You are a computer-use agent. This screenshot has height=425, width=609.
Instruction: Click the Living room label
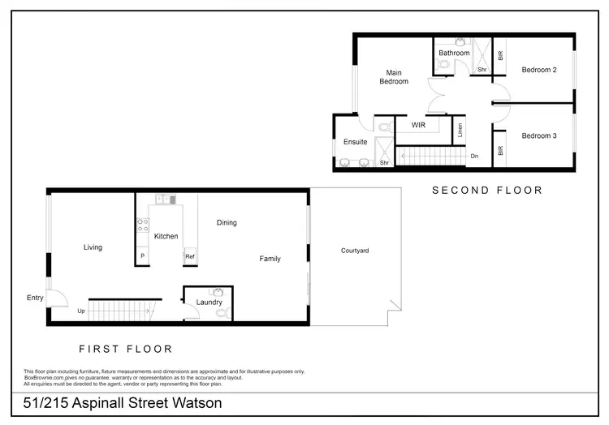pos(93,247)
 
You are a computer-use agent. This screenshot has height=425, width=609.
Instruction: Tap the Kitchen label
pos(166,236)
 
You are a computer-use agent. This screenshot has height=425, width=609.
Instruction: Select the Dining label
pos(227,223)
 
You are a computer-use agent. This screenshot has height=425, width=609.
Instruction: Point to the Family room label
pos(270,259)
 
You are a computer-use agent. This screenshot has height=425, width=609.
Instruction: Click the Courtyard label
pos(355,251)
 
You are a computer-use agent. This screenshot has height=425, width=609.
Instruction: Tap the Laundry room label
pos(209,303)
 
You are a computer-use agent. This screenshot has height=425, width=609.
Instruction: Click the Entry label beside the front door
pos(35,298)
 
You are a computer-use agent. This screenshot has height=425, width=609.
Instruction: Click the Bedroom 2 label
pos(538,70)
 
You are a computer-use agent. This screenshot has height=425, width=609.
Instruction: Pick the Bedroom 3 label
pos(538,135)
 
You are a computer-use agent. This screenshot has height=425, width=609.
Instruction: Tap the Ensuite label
pos(355,142)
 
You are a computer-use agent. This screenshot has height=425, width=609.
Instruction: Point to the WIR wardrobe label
pos(418,126)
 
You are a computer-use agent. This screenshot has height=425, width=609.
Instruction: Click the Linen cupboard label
pos(460,130)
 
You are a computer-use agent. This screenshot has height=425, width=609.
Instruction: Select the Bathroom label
pos(454,54)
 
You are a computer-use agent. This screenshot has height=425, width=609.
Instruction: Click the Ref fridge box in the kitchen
pos(189,257)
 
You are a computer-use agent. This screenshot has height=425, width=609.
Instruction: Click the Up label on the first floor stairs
pos(81,311)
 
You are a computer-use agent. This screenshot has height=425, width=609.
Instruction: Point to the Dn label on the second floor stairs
pos(474,156)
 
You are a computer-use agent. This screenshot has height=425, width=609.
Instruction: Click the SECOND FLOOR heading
pos(486,191)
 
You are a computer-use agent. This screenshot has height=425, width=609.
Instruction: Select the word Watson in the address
pos(193,403)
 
